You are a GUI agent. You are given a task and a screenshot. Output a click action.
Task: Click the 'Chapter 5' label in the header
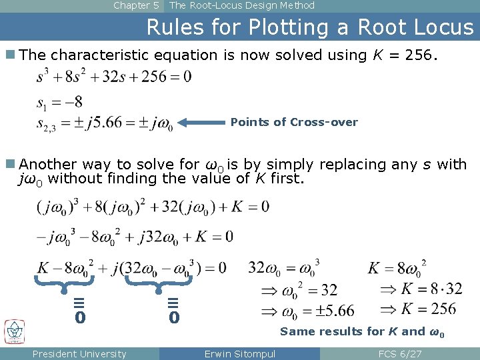click(x=136, y=6)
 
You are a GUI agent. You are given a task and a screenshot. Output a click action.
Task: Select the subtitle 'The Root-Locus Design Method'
click(x=242, y=6)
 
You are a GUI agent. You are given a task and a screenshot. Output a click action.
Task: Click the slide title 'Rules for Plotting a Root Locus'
click(x=309, y=27)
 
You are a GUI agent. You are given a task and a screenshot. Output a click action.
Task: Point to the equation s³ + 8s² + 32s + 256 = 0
click(x=113, y=77)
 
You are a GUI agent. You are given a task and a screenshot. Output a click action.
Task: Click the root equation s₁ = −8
click(x=59, y=103)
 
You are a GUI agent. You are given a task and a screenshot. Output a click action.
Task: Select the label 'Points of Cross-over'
click(x=294, y=123)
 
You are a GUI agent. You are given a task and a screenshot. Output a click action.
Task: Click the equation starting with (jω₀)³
click(x=153, y=207)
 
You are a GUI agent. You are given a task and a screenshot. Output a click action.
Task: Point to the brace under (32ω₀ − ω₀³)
click(x=158, y=284)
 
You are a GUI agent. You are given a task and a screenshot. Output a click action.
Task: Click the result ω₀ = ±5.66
click(x=307, y=311)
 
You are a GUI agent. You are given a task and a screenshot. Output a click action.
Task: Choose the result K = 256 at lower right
click(x=419, y=309)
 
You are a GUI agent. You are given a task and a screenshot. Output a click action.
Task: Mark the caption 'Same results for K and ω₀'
click(x=362, y=331)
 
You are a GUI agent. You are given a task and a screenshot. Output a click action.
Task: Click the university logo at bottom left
click(x=14, y=331)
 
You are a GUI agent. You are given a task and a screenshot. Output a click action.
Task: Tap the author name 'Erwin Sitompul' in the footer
click(x=239, y=354)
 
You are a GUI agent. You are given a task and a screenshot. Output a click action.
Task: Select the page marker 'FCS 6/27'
click(x=399, y=354)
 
